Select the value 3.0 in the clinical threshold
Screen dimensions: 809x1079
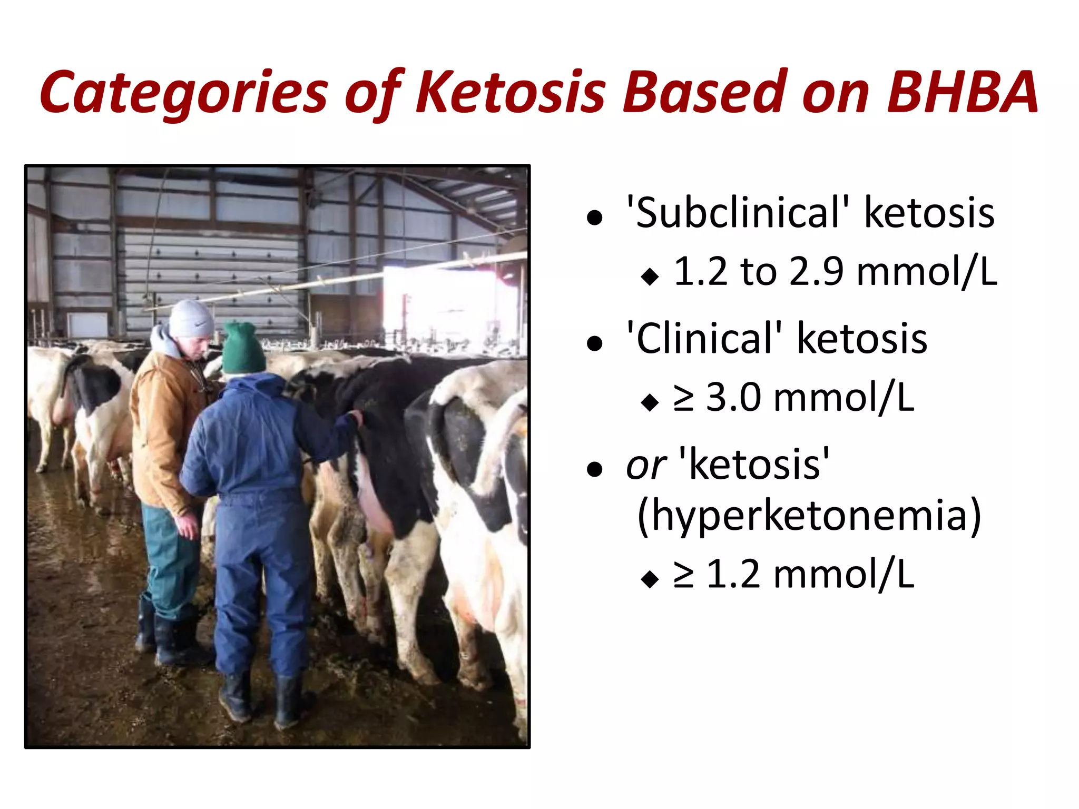click(734, 397)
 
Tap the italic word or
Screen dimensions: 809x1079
click(646, 466)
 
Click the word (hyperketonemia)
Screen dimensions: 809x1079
click(809, 516)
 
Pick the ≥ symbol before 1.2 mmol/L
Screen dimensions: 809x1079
click(684, 575)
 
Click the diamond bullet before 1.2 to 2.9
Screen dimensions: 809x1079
click(650, 276)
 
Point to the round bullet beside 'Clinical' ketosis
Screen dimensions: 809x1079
click(594, 344)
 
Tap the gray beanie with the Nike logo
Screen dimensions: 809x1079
click(191, 319)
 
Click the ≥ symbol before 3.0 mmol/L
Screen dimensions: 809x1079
click(684, 399)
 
